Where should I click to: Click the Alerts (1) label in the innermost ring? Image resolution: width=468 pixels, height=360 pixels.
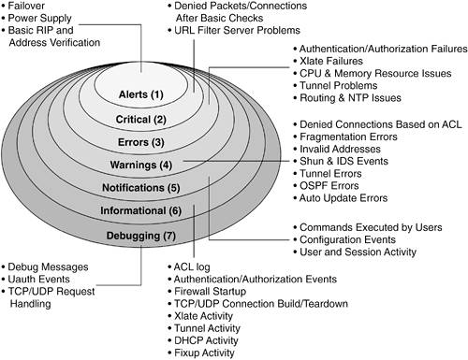click(141, 94)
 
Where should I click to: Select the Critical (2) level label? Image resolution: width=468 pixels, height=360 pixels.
click(141, 120)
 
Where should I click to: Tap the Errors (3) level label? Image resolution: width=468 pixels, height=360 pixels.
click(141, 142)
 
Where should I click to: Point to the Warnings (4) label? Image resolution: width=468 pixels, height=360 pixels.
click(141, 165)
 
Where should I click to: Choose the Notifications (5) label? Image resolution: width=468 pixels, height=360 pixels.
click(141, 188)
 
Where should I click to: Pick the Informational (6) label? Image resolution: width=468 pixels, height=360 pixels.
click(141, 211)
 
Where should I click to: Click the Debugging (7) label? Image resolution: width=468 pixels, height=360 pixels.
click(141, 236)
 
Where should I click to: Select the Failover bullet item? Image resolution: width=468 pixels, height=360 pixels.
click(23, 6)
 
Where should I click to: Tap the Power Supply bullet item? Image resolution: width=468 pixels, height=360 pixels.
click(37, 18)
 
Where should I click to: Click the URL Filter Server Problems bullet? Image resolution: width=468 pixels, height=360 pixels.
click(234, 30)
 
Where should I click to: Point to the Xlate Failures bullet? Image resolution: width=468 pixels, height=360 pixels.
click(329, 61)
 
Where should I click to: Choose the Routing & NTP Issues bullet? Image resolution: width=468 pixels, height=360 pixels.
click(347, 98)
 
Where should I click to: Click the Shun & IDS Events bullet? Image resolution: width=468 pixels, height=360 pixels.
click(341, 161)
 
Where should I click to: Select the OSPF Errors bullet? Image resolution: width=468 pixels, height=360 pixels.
click(326, 186)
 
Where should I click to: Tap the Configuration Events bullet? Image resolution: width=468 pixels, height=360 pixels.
click(344, 239)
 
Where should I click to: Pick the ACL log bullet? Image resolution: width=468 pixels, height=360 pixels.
click(189, 267)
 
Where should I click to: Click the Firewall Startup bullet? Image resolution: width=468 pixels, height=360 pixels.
click(207, 292)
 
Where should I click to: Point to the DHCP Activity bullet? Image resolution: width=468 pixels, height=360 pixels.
click(203, 340)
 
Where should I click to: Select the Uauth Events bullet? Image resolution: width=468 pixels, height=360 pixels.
click(36, 279)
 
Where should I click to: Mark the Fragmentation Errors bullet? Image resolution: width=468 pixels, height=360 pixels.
click(345, 137)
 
